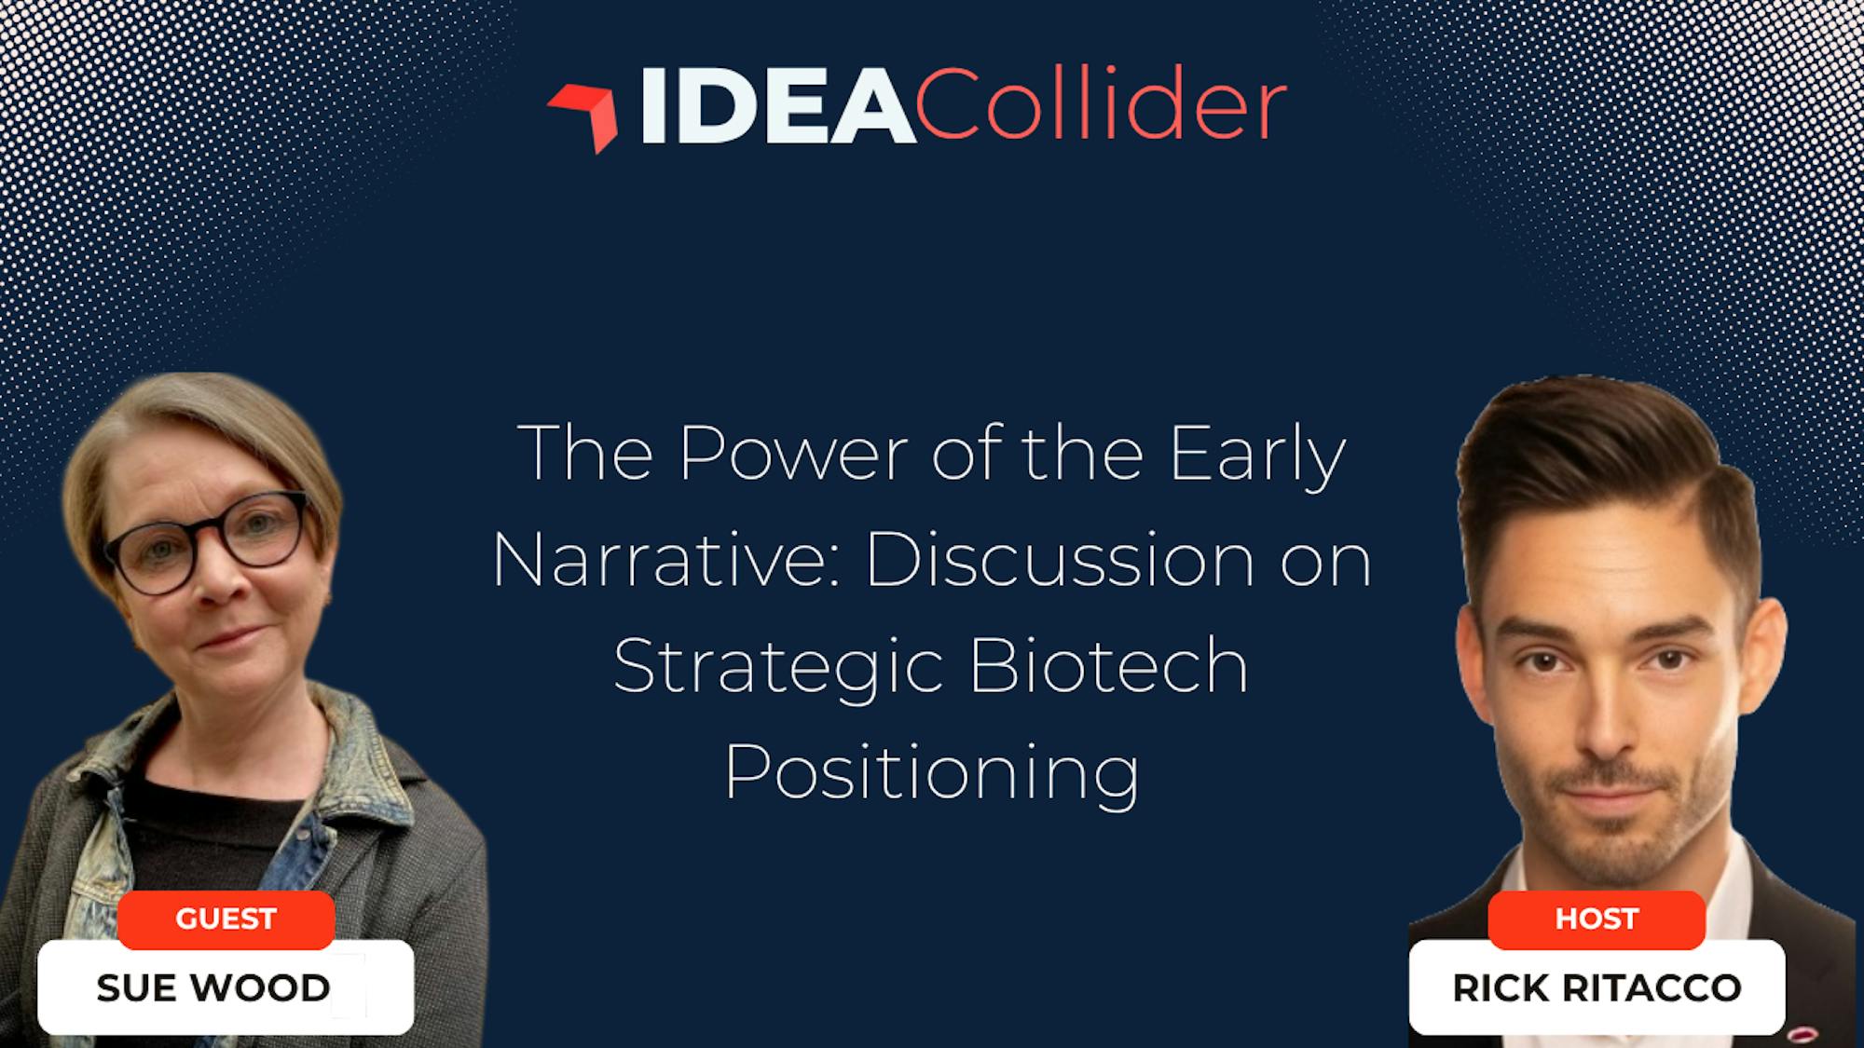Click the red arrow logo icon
585,115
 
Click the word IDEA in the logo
778,107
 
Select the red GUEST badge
226,919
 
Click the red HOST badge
1597,919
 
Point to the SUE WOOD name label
226,987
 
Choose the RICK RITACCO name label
1597,987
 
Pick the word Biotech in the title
1109,667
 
